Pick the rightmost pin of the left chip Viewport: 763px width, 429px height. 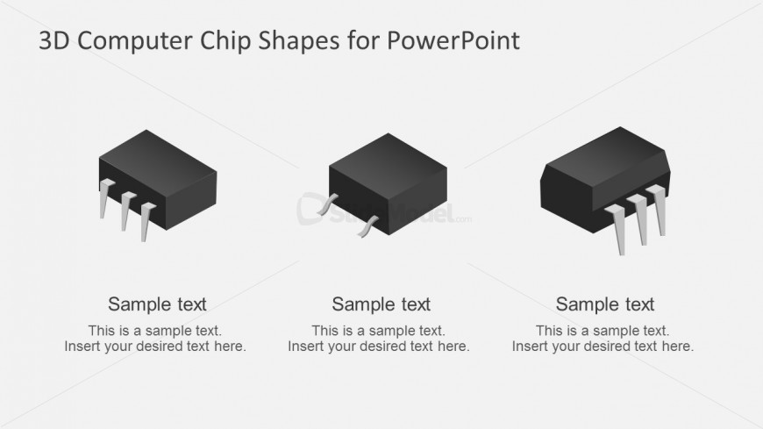[146, 219]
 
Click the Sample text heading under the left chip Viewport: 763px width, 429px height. [157, 304]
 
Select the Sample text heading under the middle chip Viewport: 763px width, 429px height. [381, 304]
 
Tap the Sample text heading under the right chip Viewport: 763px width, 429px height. [605, 304]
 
